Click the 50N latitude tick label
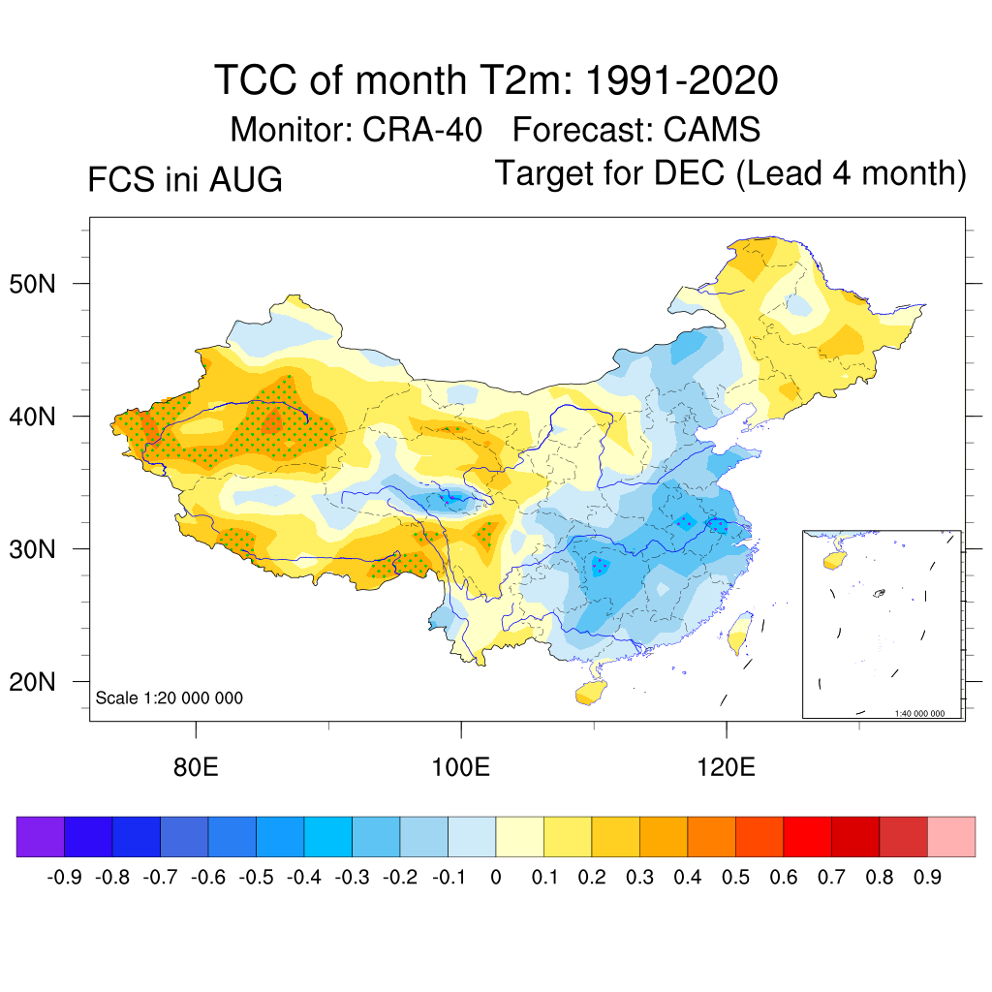(32, 284)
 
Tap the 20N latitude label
(32, 682)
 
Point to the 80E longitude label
(196, 767)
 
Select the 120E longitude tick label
(726, 767)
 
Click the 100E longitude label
(460, 767)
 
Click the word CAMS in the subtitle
(712, 130)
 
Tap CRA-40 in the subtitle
(422, 130)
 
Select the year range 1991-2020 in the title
(681, 80)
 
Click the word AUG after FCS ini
(245, 179)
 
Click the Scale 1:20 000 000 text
(169, 697)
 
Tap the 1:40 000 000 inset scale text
(919, 713)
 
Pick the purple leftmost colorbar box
(41, 836)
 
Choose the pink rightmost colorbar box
(951, 836)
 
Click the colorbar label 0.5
(735, 878)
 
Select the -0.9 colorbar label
(65, 878)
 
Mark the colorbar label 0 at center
(496, 878)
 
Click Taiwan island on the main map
(739, 633)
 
